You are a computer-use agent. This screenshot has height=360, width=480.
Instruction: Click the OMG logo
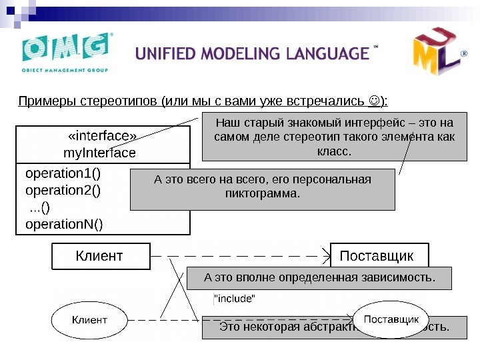pos(65,53)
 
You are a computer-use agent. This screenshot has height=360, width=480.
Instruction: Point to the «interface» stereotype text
pos(102,137)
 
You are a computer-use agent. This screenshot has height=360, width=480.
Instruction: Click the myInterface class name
pos(99,153)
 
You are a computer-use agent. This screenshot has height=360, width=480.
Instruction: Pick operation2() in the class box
pos(64,190)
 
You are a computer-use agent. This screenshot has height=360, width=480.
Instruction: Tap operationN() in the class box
pos(64,223)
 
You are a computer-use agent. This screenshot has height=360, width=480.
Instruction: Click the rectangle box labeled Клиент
pos(101,255)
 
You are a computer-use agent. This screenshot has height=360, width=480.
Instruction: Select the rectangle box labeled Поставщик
pos(379,256)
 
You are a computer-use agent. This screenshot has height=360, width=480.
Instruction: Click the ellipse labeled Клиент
pos(89,320)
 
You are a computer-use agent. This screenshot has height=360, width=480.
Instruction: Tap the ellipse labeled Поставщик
pos(391,320)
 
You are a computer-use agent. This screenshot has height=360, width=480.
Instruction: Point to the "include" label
pos(233,299)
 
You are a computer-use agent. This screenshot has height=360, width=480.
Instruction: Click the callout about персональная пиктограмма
pos(263,188)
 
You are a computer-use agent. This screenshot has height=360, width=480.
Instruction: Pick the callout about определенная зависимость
pos(319,277)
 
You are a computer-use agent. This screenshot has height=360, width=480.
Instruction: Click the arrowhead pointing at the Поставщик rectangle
pos(327,255)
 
